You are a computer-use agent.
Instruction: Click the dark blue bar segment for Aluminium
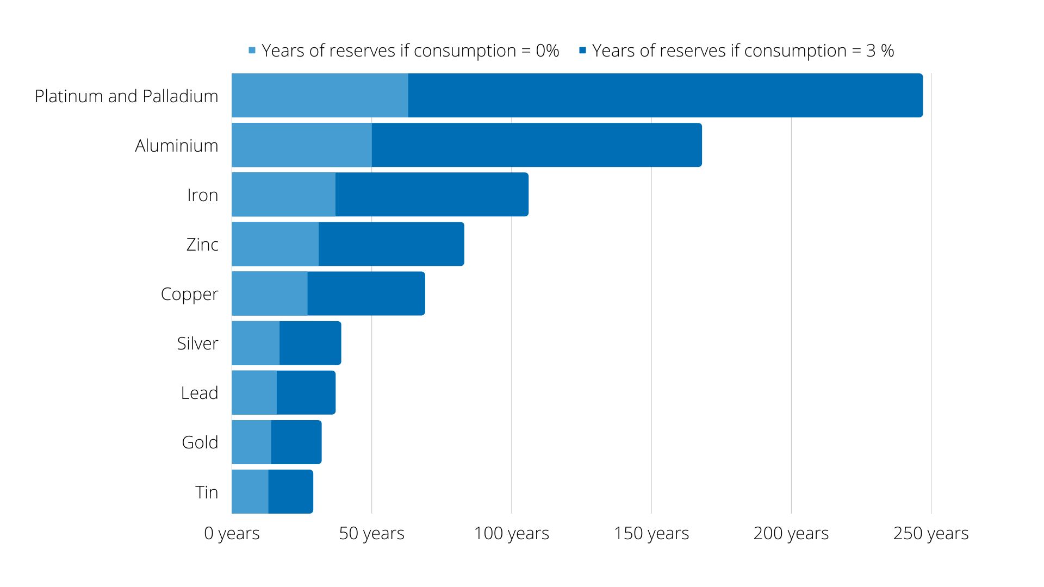pyautogui.click(x=537, y=145)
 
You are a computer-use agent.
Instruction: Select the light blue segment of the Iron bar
pyautogui.click(x=283, y=195)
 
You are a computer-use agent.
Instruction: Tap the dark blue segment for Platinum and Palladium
pyautogui.click(x=665, y=96)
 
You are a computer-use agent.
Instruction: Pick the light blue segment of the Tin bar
pyautogui.click(x=250, y=491)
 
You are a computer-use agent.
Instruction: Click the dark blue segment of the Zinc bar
pyautogui.click(x=391, y=244)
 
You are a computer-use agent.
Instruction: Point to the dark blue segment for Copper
pyautogui.click(x=366, y=293)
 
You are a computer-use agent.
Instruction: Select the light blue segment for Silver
pyautogui.click(x=256, y=343)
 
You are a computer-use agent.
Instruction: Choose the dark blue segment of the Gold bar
pyautogui.click(x=296, y=442)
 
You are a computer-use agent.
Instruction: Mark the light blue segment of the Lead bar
pyautogui.click(x=254, y=392)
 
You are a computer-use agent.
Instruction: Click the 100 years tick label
pyautogui.click(x=511, y=533)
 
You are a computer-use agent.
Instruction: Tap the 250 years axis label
pyautogui.click(x=931, y=533)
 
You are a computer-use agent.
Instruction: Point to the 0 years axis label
pyautogui.click(x=232, y=533)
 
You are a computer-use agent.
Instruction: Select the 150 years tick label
pyautogui.click(x=651, y=533)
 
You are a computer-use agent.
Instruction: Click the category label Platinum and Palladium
pyautogui.click(x=126, y=96)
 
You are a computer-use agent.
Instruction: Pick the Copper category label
pyautogui.click(x=189, y=294)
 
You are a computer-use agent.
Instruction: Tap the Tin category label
pyautogui.click(x=207, y=492)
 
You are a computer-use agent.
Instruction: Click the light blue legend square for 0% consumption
pyautogui.click(x=252, y=51)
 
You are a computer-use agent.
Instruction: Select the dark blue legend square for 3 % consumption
pyautogui.click(x=582, y=51)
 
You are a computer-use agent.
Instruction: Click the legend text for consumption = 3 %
pyautogui.click(x=743, y=51)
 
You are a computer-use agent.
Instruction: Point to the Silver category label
pyautogui.click(x=197, y=344)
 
